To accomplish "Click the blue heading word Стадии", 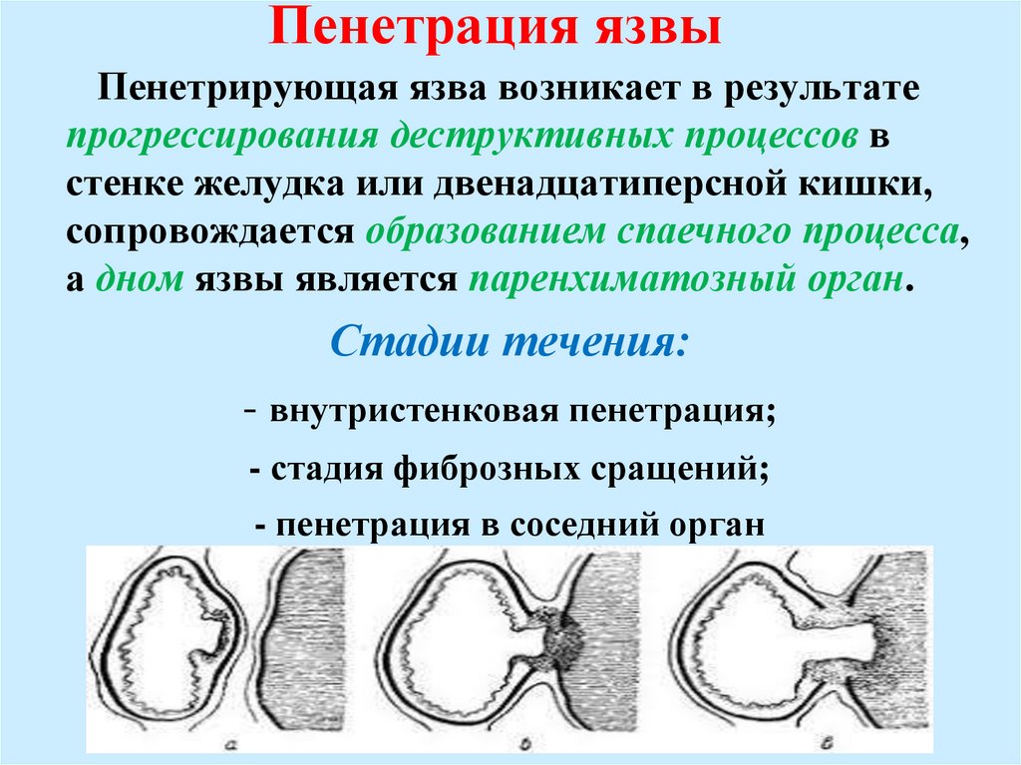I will [411, 344].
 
